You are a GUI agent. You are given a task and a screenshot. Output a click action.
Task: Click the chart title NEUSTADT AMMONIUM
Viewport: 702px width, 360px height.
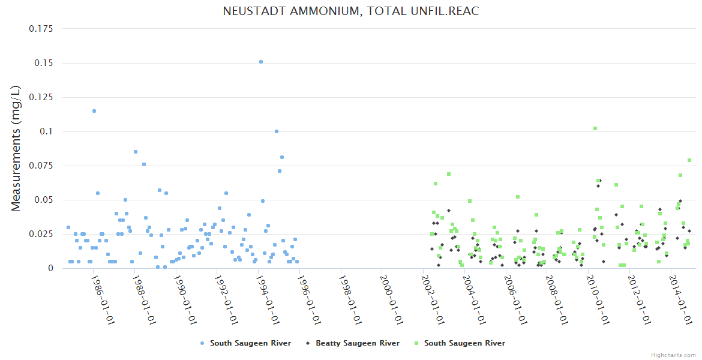click(x=351, y=11)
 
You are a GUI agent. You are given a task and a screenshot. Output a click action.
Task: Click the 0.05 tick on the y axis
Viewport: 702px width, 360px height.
click(x=46, y=200)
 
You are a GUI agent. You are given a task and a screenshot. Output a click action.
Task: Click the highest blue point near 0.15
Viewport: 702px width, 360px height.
click(x=260, y=62)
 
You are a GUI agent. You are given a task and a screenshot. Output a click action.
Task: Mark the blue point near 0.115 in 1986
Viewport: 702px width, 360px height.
click(x=94, y=111)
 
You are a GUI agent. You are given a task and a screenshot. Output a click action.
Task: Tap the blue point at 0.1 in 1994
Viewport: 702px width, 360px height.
click(x=277, y=131)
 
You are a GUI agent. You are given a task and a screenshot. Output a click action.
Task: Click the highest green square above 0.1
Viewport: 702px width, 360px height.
click(x=595, y=128)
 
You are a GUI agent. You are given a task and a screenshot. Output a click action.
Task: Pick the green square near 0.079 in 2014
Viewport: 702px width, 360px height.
click(x=689, y=160)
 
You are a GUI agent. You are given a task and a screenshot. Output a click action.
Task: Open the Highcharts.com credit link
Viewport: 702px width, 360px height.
click(x=674, y=355)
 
